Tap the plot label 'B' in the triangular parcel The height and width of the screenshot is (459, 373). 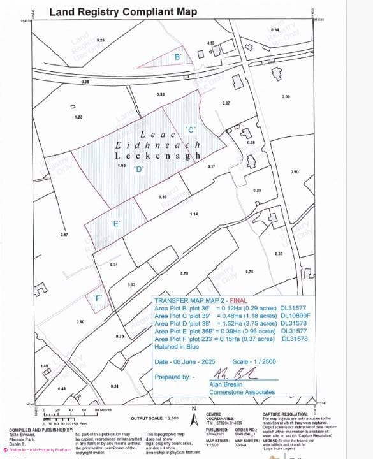tap(178, 57)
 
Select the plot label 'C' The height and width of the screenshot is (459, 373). tap(190, 129)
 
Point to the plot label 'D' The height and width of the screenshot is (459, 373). tap(138, 169)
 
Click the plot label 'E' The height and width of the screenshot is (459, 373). tap(115, 223)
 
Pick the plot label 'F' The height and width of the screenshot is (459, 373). tap(98, 298)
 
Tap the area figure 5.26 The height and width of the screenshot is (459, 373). tap(100, 40)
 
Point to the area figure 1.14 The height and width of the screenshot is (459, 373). tap(194, 214)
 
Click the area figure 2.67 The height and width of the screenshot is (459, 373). tap(64, 235)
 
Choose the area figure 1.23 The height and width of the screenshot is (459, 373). tap(78, 117)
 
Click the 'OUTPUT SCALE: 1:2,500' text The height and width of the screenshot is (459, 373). tap(154, 418)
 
